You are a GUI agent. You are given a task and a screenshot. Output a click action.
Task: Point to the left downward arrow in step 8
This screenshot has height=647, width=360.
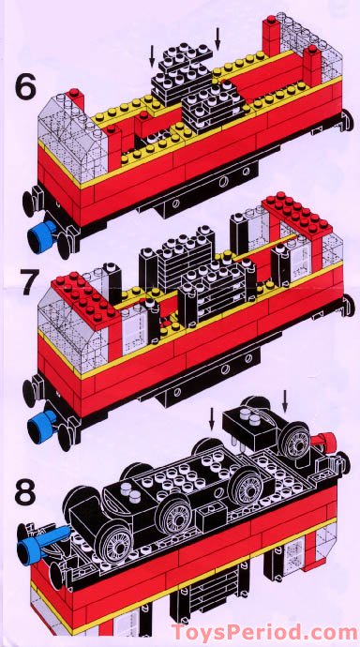211,418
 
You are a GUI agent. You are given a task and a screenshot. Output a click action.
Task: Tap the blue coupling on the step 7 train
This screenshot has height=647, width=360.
39,427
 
